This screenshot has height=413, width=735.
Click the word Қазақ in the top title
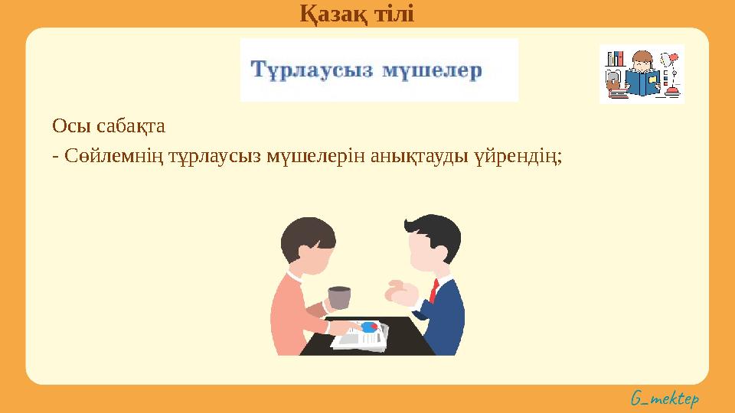(x=330, y=13)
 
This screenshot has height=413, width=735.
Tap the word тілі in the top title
(x=392, y=13)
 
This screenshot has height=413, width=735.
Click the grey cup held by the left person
(x=338, y=298)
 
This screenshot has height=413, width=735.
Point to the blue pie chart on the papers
(x=370, y=327)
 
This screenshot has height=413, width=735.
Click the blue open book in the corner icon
(x=642, y=81)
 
